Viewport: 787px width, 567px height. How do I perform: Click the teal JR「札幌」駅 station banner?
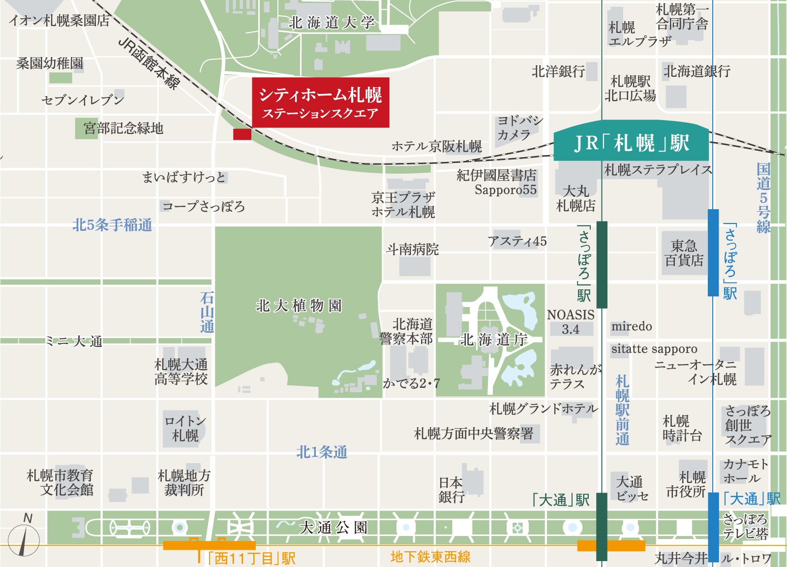(631, 143)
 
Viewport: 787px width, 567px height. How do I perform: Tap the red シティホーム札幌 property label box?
(320, 102)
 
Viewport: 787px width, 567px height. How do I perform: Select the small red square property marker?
(242, 134)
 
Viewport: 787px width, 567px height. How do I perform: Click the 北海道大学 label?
(332, 23)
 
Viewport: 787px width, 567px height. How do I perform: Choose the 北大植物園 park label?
(299, 306)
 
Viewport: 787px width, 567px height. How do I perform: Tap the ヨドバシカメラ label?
(519, 127)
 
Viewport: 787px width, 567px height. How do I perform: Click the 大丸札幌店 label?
(575, 198)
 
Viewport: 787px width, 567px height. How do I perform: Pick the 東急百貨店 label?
(684, 253)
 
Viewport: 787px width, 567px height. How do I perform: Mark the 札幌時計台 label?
(682, 428)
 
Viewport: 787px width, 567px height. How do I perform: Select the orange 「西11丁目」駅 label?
(251, 558)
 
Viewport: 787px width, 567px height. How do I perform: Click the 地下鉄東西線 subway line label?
(430, 557)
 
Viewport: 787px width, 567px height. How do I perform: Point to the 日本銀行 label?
(451, 490)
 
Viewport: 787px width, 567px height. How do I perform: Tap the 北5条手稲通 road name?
(112, 225)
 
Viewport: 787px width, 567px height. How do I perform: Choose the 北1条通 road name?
(322, 452)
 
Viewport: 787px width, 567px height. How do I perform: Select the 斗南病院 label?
(412, 250)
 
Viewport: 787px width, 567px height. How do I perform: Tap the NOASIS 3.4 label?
(571, 322)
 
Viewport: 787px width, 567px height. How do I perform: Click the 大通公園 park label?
(333, 528)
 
